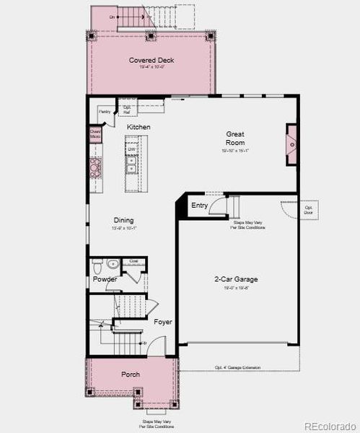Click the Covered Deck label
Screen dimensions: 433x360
pyautogui.click(x=152, y=61)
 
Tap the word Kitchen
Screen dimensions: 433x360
pyautogui.click(x=139, y=127)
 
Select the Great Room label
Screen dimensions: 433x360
pyautogui.click(x=235, y=138)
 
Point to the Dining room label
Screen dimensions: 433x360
pyautogui.click(x=123, y=221)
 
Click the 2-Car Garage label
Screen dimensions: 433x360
pyautogui.click(x=236, y=279)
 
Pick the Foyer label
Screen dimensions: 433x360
pyautogui.click(x=163, y=322)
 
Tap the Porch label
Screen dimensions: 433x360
pyautogui.click(x=131, y=375)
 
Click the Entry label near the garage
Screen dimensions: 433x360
pyautogui.click(x=200, y=206)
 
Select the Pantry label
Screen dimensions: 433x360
pyautogui.click(x=105, y=112)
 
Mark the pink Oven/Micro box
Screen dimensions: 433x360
pyautogui.click(x=95, y=134)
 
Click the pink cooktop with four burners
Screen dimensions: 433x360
pyautogui.click(x=95, y=167)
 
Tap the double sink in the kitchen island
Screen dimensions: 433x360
pyautogui.click(x=132, y=167)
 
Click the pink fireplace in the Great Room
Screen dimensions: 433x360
pyautogui.click(x=291, y=144)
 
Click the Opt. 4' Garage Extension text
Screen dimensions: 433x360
pyautogui.click(x=238, y=368)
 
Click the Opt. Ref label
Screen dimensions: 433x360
pyautogui.click(x=127, y=110)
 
